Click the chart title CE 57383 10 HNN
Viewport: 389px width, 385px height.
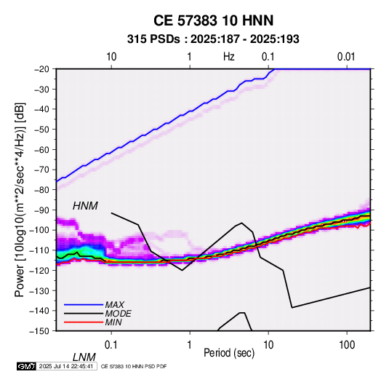[x=213, y=20]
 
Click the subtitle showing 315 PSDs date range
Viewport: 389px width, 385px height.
[x=213, y=39]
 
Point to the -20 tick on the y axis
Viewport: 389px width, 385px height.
[x=41, y=69]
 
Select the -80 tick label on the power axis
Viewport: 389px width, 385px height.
[x=41, y=190]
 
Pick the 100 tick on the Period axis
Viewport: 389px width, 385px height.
[x=347, y=345]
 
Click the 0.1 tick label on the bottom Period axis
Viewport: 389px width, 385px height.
[x=111, y=345]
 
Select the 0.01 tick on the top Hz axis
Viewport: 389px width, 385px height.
[x=346, y=57]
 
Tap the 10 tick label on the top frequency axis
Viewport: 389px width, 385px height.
[x=111, y=57]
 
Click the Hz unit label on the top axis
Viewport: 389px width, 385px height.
[x=229, y=57]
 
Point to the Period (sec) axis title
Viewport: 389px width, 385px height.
[x=229, y=353]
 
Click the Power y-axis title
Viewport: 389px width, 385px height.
[x=20, y=199]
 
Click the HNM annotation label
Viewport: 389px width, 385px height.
[x=85, y=206]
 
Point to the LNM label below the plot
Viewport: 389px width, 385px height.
[x=84, y=357]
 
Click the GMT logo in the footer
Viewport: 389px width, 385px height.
[x=26, y=366]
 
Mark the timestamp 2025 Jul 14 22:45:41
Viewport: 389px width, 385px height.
[x=66, y=366]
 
